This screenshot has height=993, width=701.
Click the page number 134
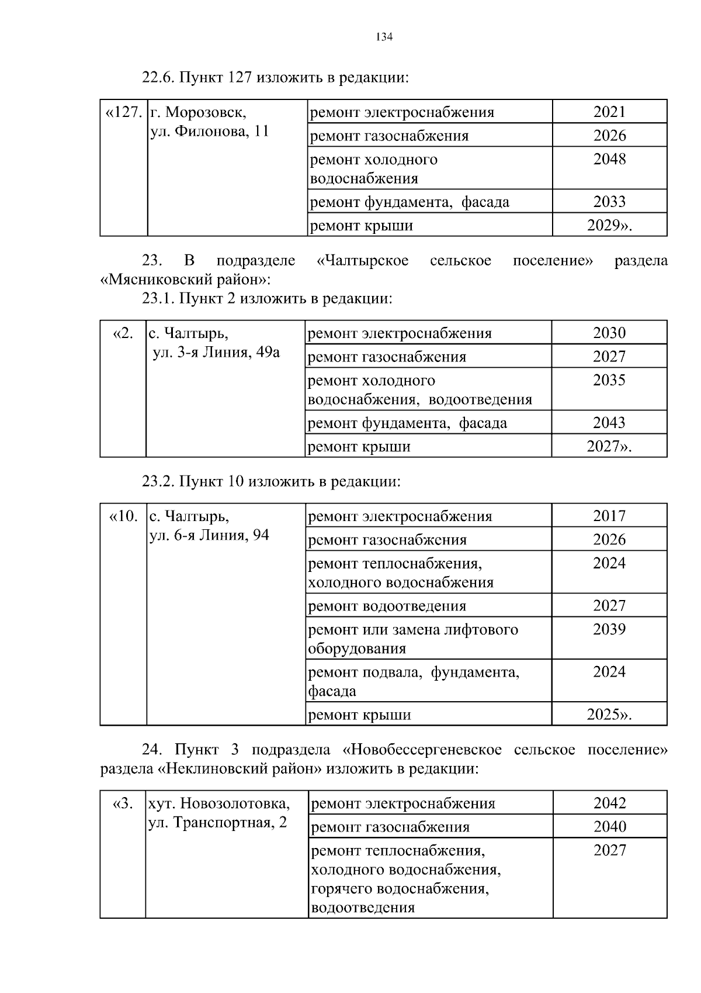point(384,37)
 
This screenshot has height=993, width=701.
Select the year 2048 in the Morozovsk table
point(609,159)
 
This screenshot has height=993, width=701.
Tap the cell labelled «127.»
point(124,112)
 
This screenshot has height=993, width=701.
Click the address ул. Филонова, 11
point(210,131)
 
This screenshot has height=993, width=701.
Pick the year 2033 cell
point(609,202)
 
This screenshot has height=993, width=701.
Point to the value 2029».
point(609,225)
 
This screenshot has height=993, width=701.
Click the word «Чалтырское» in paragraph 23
point(362,261)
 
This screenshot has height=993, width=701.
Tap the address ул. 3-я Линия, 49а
point(216,352)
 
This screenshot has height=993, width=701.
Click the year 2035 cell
point(609,380)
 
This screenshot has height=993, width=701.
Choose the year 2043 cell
point(609,423)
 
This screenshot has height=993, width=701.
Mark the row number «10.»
point(124,516)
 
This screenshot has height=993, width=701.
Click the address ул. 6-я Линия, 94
point(210,535)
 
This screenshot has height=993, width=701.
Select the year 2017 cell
point(609,516)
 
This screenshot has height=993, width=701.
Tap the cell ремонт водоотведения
point(387,606)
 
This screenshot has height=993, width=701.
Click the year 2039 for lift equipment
point(609,629)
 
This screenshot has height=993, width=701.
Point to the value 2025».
point(609,715)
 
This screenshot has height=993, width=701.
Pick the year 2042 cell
point(610,803)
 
